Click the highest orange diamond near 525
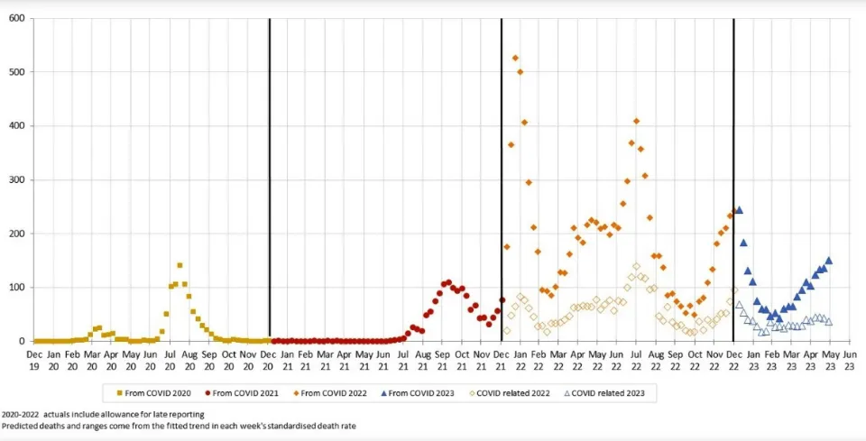(515, 58)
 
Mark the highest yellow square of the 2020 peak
(180, 265)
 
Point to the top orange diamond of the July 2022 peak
(636, 121)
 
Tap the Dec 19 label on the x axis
(34, 360)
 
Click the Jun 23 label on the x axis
(849, 360)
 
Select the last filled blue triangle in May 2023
(828, 261)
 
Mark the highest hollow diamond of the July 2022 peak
(636, 266)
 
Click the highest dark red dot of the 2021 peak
(448, 282)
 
